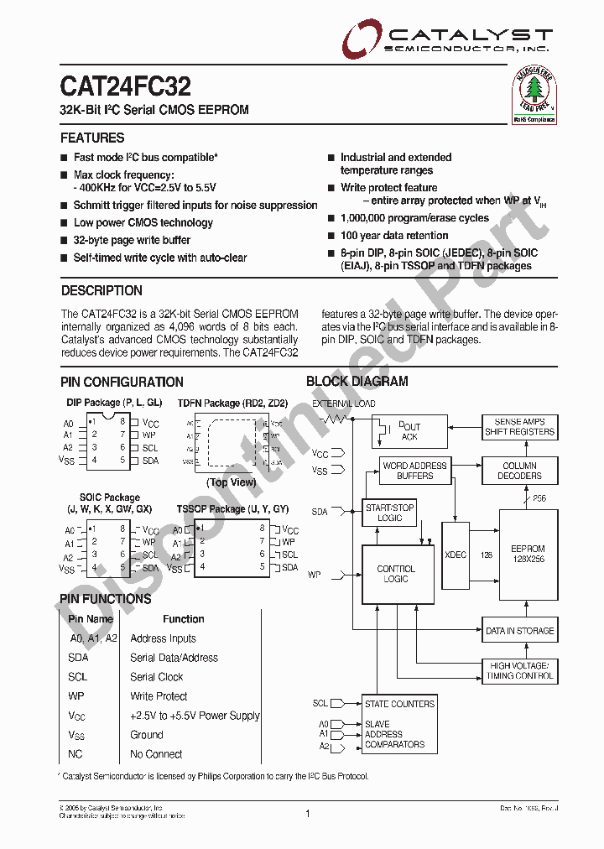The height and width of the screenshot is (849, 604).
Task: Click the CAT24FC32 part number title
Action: point(125,86)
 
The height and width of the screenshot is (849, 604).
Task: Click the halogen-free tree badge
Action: point(534,94)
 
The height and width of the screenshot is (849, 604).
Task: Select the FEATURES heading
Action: point(92,138)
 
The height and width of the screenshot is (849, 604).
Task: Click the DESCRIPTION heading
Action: point(102,290)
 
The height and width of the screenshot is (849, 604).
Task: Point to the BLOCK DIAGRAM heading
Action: point(357,381)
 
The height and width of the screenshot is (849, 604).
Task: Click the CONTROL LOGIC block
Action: point(396,574)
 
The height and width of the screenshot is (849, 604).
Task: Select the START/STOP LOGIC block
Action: point(390,513)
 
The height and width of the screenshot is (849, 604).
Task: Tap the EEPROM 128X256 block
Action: point(528,554)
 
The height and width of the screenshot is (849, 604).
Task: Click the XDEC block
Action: point(456,554)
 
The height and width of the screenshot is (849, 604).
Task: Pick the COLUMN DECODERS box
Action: point(519,471)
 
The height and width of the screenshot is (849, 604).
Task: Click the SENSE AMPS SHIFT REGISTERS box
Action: point(519,426)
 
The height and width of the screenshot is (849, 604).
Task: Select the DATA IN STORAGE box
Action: point(519,631)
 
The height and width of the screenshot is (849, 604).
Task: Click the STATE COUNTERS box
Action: point(399,704)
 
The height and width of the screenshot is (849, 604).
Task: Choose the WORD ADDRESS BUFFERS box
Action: point(414,471)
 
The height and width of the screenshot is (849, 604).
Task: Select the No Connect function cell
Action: point(156,753)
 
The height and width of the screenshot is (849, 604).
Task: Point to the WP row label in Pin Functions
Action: point(76,696)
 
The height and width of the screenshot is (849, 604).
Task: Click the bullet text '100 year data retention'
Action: point(393,236)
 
